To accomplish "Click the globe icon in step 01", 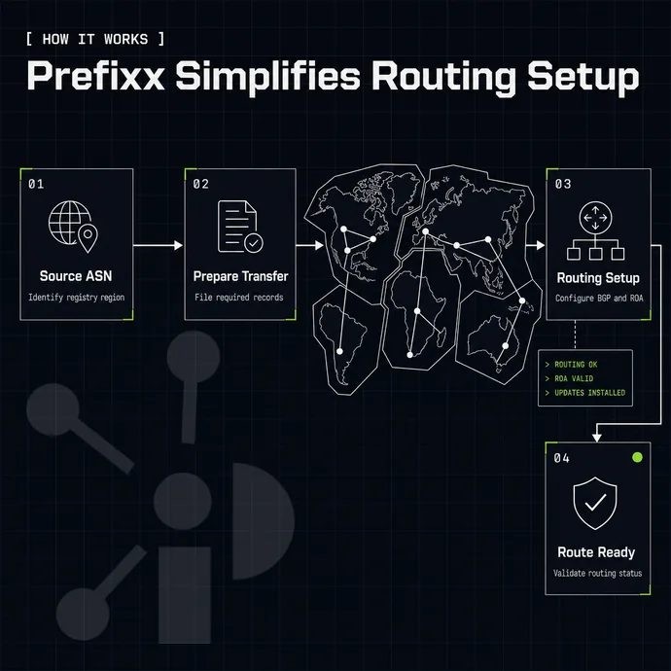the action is (70, 223).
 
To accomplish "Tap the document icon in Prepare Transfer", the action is (239, 227).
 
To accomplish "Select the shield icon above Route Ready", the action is (595, 503).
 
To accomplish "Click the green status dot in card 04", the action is (637, 457).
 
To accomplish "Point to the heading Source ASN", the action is (76, 276).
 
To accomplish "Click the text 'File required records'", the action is (239, 297).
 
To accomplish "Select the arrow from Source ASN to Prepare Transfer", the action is (158, 245).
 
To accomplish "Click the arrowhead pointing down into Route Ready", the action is (596, 438).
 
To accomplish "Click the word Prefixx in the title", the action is (96, 76).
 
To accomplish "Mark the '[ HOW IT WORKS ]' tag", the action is (95, 39).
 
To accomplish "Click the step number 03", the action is (563, 184).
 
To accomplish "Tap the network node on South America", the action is (339, 351).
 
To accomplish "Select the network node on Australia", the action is (506, 346).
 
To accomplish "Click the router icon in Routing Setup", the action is (595, 230).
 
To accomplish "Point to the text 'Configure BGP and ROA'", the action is (599, 298).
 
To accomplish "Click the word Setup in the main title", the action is (583, 77).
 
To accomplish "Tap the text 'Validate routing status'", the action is (597, 573).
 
